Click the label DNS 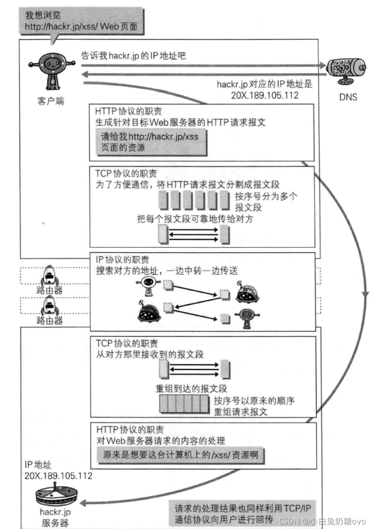coord(348,97)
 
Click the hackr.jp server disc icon coord(55,497)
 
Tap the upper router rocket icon coord(50,277)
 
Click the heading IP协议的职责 coord(123,260)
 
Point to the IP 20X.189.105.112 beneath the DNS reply coord(265,95)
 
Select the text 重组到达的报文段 coord(185,389)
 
